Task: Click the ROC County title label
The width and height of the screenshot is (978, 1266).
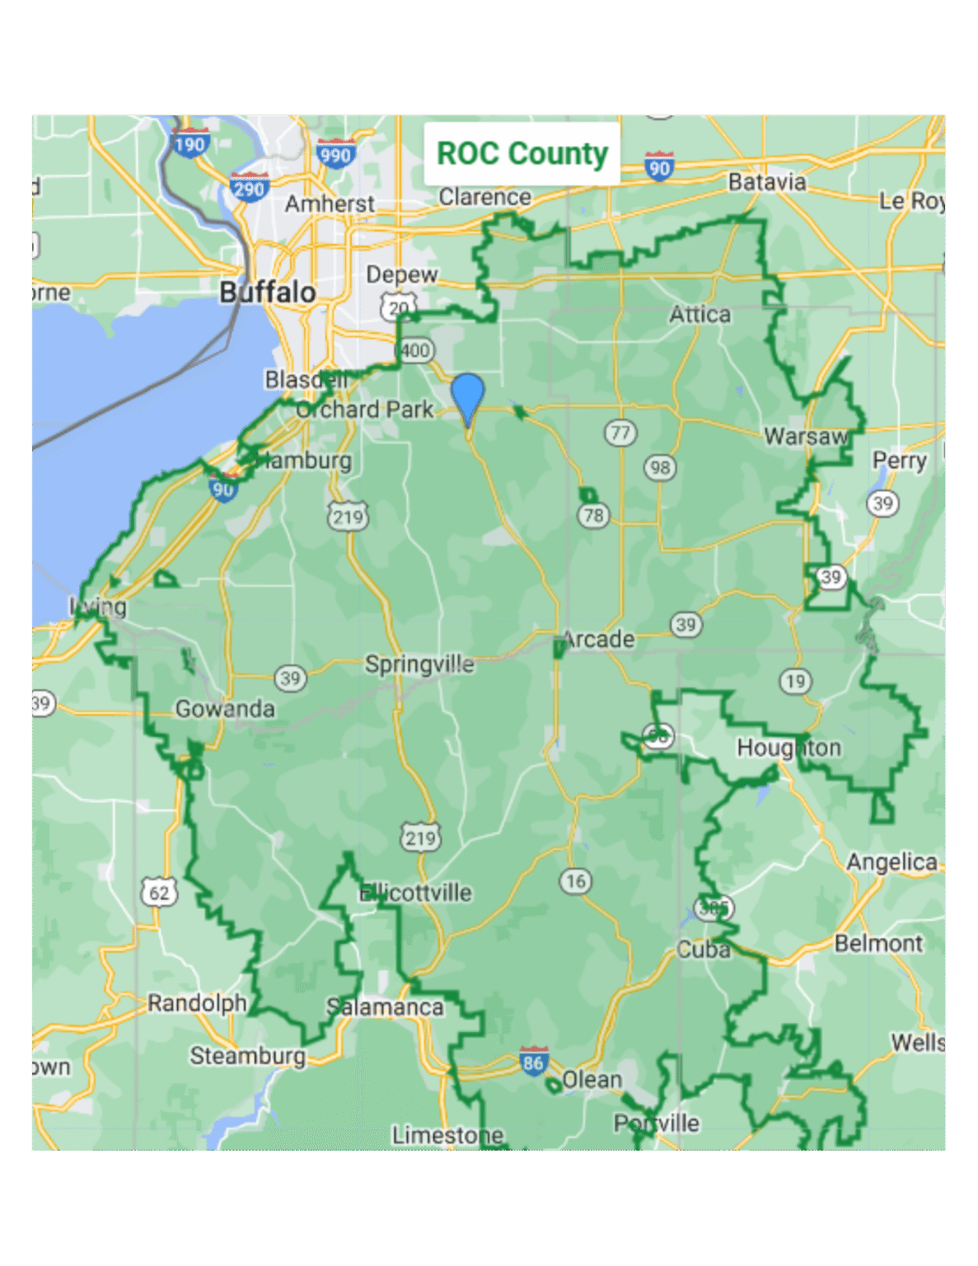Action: coord(522,154)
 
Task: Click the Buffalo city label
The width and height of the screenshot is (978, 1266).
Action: coord(268,292)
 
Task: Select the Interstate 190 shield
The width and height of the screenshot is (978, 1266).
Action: coord(190,144)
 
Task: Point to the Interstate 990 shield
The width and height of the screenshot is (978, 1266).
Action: coord(336,154)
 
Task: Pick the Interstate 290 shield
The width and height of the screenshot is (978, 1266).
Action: coord(249,189)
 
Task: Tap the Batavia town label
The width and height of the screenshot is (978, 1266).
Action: coord(766,182)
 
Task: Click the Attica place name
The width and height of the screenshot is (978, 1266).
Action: coord(700,315)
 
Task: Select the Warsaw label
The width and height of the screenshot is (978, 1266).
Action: coord(805,436)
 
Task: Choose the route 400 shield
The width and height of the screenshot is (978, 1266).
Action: coord(415,350)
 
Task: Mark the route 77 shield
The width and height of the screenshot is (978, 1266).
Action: coord(620,433)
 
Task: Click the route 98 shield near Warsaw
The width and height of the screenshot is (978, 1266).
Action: coord(660,467)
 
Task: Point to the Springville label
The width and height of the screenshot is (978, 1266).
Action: coord(419,664)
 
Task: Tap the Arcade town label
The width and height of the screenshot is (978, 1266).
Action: coord(599,640)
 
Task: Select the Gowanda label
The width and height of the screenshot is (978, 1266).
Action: coord(225,709)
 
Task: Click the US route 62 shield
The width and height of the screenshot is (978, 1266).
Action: coord(159,893)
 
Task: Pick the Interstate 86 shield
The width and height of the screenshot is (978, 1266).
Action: coord(534,1062)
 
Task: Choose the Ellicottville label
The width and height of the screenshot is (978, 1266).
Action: coord(416,893)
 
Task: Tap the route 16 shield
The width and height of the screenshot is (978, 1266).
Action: coord(576,881)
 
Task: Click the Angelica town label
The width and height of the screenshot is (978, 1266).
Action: coord(891,862)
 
